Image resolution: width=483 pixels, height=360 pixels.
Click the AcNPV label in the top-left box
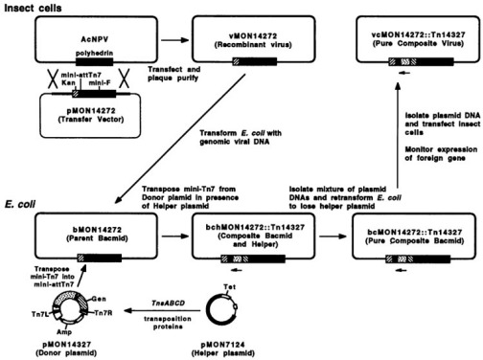95,39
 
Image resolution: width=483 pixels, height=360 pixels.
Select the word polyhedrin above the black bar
94,54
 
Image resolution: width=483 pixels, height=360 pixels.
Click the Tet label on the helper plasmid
230,287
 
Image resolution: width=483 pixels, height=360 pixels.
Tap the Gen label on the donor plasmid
99,299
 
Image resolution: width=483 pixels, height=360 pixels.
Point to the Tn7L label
40,314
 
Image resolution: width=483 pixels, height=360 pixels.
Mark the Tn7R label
103,313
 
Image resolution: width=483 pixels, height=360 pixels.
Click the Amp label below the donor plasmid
64,332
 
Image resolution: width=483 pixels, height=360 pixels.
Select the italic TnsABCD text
168,303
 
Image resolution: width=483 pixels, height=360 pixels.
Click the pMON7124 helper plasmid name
223,345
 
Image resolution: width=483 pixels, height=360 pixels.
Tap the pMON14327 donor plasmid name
67,345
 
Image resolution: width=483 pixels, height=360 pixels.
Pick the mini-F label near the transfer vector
100,83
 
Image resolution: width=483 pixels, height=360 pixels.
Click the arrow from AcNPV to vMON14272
174,40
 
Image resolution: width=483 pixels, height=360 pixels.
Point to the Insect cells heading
33,8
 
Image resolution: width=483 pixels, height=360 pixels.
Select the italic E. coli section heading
20,204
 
